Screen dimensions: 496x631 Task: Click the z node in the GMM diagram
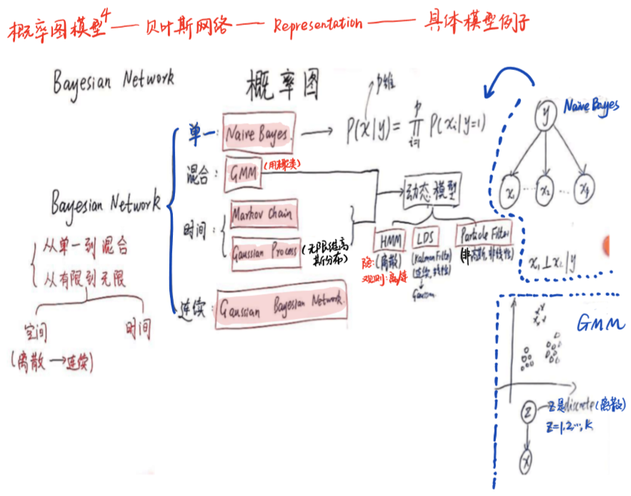point(529,412)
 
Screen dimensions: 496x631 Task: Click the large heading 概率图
point(281,85)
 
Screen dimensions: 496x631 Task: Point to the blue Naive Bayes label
point(591,106)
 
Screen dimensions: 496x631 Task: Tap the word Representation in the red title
point(317,24)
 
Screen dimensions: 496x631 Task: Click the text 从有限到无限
point(84,279)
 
